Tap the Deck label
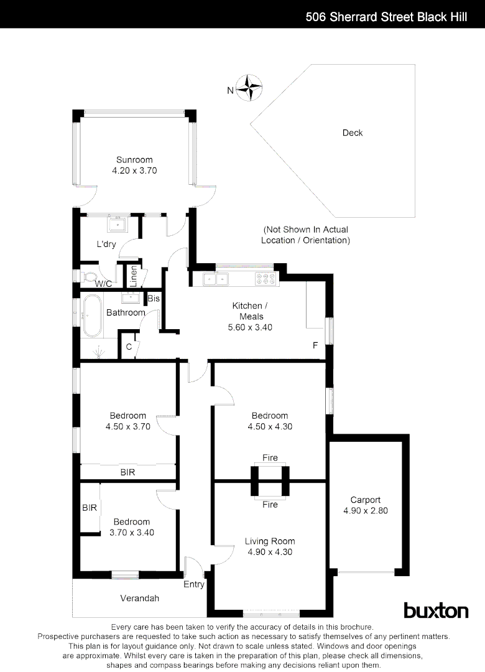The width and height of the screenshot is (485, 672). (x=353, y=133)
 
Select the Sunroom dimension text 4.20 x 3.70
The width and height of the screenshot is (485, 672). (x=134, y=170)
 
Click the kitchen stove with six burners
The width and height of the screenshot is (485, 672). (x=266, y=279)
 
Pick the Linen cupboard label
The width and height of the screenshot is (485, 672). (x=133, y=274)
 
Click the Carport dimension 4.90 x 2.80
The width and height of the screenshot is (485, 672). (x=366, y=511)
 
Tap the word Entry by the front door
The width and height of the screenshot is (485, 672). (x=193, y=584)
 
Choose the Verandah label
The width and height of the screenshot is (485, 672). (x=139, y=598)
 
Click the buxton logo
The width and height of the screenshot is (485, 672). (x=436, y=610)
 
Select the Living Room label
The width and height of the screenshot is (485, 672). (x=270, y=541)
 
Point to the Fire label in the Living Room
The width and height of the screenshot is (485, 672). (x=270, y=505)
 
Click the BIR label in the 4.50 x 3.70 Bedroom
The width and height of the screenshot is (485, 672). (x=127, y=473)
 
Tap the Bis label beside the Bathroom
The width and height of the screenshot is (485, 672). (x=154, y=299)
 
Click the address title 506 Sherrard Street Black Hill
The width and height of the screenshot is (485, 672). (x=386, y=17)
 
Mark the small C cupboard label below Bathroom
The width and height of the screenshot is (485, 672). (x=129, y=347)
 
